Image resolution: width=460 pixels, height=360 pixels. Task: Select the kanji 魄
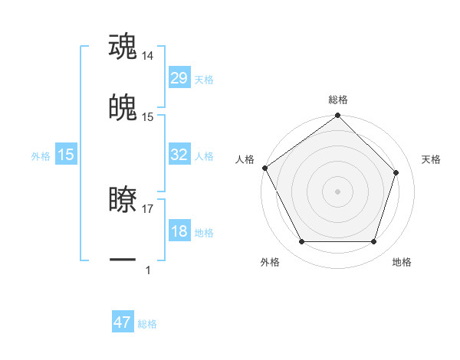click(x=123, y=108)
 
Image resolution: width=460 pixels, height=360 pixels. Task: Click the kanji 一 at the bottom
click(x=123, y=260)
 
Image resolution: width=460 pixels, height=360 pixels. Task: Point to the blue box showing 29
click(x=179, y=78)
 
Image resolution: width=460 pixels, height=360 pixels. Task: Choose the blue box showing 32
click(x=179, y=155)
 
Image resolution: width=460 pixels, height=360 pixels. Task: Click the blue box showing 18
click(x=179, y=231)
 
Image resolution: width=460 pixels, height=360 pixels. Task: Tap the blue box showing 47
click(x=123, y=322)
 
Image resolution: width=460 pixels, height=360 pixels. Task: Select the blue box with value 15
click(x=66, y=155)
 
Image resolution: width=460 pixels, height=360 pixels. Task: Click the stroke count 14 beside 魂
click(x=148, y=56)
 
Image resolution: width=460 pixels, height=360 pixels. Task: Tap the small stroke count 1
click(x=148, y=270)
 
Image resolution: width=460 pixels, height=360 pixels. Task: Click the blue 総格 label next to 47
click(x=147, y=324)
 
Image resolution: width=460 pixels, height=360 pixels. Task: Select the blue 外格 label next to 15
click(x=41, y=155)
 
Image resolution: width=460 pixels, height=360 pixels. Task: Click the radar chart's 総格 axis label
click(x=338, y=100)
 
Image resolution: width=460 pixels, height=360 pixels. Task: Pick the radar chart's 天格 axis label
click(x=431, y=159)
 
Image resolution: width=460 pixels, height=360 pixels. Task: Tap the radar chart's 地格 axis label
click(x=402, y=262)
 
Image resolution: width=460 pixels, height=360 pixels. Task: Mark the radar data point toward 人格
click(x=264, y=168)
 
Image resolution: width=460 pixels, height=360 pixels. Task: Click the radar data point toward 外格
click(x=302, y=242)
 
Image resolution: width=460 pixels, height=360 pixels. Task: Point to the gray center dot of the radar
click(x=338, y=191)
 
